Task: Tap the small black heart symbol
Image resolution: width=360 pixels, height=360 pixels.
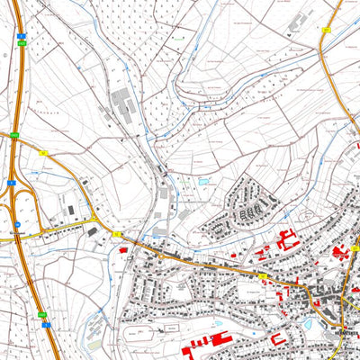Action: (x=289, y=31)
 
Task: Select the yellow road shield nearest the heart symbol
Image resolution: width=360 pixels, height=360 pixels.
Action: (x=325, y=30)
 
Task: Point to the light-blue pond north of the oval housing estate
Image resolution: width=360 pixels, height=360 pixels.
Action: (x=203, y=181)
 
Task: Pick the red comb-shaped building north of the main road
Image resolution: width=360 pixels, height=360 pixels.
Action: (x=289, y=240)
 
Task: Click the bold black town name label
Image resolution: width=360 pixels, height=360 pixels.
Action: (x=346, y=334)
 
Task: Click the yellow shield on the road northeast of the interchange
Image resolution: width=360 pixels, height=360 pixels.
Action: (x=43, y=153)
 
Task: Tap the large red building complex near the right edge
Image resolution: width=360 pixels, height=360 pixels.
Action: (x=342, y=253)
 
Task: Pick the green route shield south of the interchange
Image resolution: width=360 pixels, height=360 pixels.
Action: (x=42, y=313)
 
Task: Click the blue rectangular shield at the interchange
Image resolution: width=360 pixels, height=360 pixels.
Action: (x=11, y=182)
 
